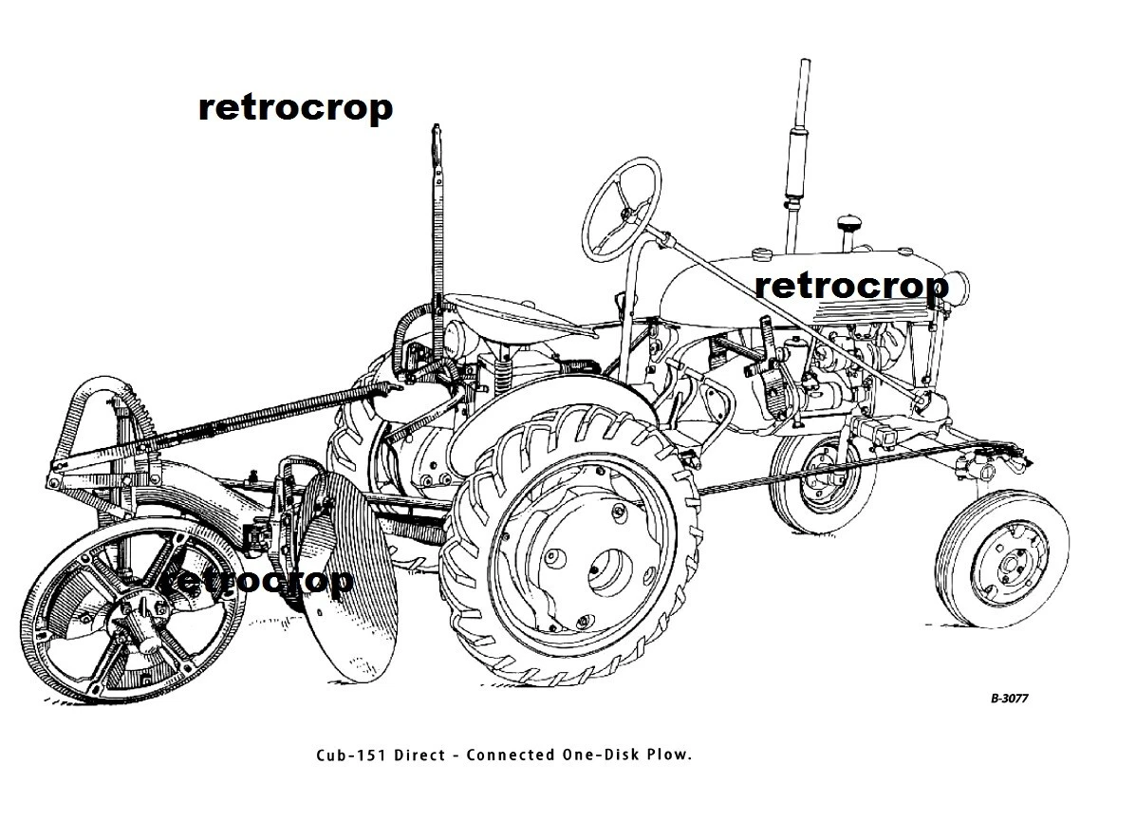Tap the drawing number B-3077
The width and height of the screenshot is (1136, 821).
tap(1009, 699)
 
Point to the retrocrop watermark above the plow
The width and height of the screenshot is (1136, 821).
tap(295, 108)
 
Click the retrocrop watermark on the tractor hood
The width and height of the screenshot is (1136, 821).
tap(852, 286)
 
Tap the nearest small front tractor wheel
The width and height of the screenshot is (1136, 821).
tap(1004, 559)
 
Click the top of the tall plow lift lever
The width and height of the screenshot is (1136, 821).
tap(437, 129)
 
